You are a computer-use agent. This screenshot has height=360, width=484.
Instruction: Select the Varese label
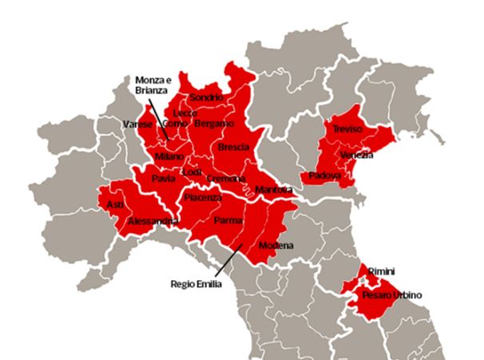(137, 124)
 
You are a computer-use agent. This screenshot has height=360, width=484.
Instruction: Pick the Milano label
(169, 156)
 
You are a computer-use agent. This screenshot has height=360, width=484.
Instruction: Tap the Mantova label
(274, 189)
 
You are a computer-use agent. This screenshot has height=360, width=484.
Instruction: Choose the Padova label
(325, 175)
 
